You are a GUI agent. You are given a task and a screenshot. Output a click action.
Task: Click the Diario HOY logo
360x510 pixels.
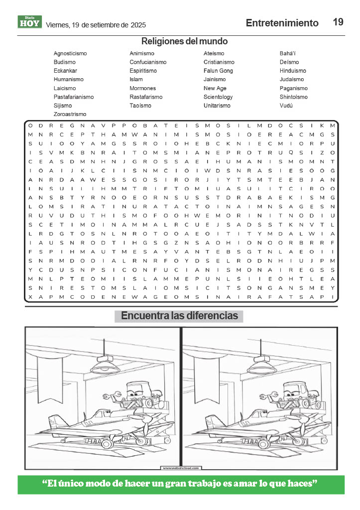[x=30, y=22]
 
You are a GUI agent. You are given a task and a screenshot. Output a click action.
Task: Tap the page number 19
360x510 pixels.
[x=338, y=22]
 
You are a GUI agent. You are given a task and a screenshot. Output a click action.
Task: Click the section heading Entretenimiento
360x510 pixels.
[x=282, y=23]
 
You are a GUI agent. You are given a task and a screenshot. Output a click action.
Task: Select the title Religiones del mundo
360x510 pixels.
[x=184, y=41]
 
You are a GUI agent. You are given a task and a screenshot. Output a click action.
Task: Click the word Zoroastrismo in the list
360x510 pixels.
[x=70, y=114]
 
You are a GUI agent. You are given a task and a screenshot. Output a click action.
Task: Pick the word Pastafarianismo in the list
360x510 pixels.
[x=73, y=97]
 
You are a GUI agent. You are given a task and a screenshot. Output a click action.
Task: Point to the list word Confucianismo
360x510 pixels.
[x=148, y=62]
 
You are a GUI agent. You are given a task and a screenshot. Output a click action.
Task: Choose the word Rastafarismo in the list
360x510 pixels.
[x=146, y=97]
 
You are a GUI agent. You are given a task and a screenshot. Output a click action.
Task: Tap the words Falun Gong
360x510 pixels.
[x=218, y=71]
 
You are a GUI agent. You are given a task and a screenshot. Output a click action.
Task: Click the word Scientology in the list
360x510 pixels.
[x=218, y=97]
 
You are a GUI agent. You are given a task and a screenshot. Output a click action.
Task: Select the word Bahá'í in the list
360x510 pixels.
[x=288, y=53]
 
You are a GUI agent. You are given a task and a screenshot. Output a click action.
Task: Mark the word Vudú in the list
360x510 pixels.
[x=286, y=106]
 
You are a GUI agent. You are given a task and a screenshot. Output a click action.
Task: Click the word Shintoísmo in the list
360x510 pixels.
[x=293, y=97]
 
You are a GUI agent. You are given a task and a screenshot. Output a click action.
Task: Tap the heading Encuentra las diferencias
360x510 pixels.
[x=179, y=316]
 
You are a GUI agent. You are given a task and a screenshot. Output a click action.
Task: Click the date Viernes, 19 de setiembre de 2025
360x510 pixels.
[x=92, y=24]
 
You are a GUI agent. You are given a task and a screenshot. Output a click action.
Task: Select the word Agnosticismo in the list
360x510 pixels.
[x=70, y=53]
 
